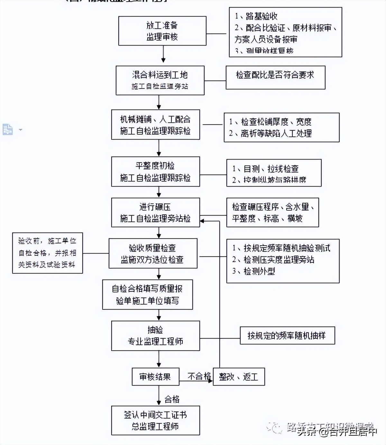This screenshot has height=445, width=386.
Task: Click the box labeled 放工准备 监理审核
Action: [x=162, y=31]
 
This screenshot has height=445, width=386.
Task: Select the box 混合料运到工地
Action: [x=160, y=80]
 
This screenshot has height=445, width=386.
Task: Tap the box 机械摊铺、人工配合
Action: [x=155, y=125]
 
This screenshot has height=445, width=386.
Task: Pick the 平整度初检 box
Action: [x=155, y=171]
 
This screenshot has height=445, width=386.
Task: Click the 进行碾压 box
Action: [x=155, y=213]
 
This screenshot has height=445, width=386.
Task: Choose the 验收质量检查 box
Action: [x=153, y=253]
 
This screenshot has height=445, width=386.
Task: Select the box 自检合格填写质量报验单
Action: [x=147, y=295]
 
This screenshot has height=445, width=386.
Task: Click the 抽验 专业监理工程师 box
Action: [x=155, y=336]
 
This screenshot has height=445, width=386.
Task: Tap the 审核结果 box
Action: [x=155, y=376]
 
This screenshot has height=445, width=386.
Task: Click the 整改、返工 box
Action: [x=239, y=376]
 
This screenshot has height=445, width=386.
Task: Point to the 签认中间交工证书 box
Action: [x=155, y=420]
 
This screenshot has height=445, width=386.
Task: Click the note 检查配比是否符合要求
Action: [x=275, y=77]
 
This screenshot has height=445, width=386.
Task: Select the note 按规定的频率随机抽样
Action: [x=287, y=336]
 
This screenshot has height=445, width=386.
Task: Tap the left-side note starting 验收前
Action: [x=47, y=253]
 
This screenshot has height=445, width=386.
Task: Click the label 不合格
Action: [x=199, y=376]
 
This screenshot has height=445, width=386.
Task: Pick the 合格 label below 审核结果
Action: [x=172, y=400]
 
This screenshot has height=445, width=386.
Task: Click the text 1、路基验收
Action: [x=256, y=16]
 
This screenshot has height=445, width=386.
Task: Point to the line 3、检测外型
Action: [x=254, y=271]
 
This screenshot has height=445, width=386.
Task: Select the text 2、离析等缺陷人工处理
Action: [x=270, y=133]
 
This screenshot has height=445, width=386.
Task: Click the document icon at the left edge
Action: [x=7, y=129]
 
